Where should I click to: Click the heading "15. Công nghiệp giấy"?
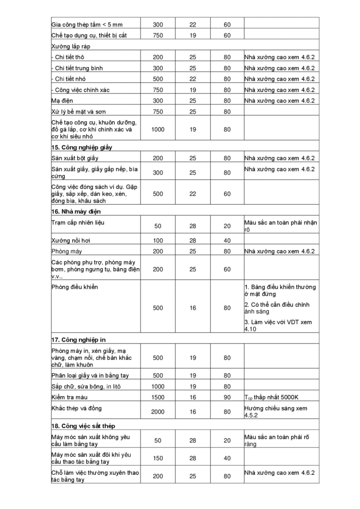[81, 147]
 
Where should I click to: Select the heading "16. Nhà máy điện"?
[75, 211]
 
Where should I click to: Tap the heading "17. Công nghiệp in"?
[78, 339]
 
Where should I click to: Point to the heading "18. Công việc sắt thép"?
[86, 425]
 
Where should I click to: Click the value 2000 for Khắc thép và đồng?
[158, 411]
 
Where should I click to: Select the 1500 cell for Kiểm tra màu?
[158, 397]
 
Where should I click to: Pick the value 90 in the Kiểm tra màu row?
[227, 397]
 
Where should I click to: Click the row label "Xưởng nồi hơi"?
[71, 240]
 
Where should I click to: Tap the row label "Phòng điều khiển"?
[75, 287]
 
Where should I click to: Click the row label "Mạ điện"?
[63, 101]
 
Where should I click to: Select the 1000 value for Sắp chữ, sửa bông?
[158, 386]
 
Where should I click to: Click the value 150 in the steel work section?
[158, 458]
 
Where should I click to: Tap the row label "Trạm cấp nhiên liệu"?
[77, 223]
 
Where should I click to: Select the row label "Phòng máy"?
[67, 251]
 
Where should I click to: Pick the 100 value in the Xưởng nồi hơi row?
[158, 240]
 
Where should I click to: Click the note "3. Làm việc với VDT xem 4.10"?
[278, 325]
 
